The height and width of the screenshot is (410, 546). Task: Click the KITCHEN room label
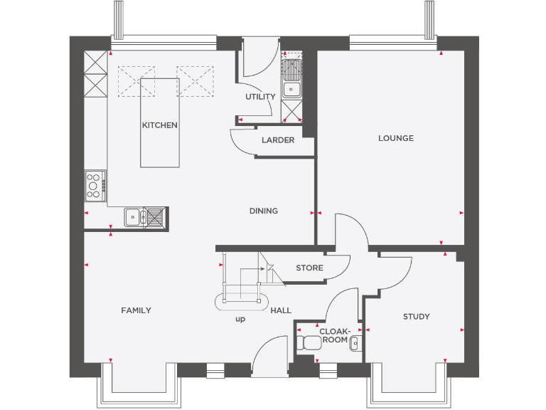[160, 125]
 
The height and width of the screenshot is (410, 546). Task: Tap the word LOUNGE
[396, 138]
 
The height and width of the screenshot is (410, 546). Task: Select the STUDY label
[416, 317]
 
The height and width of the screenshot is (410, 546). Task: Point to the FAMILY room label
[136, 310]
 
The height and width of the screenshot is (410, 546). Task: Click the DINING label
[263, 211]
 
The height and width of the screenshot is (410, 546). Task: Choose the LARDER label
[277, 140]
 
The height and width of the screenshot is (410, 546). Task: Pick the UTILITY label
[260, 97]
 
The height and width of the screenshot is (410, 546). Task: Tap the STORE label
[309, 268]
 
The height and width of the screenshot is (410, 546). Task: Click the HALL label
[281, 310]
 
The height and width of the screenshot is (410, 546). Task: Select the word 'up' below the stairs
[240, 320]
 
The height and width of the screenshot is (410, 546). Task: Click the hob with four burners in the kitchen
[95, 185]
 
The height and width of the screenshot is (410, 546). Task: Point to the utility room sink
[291, 80]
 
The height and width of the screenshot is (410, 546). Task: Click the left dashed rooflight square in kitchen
[136, 80]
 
